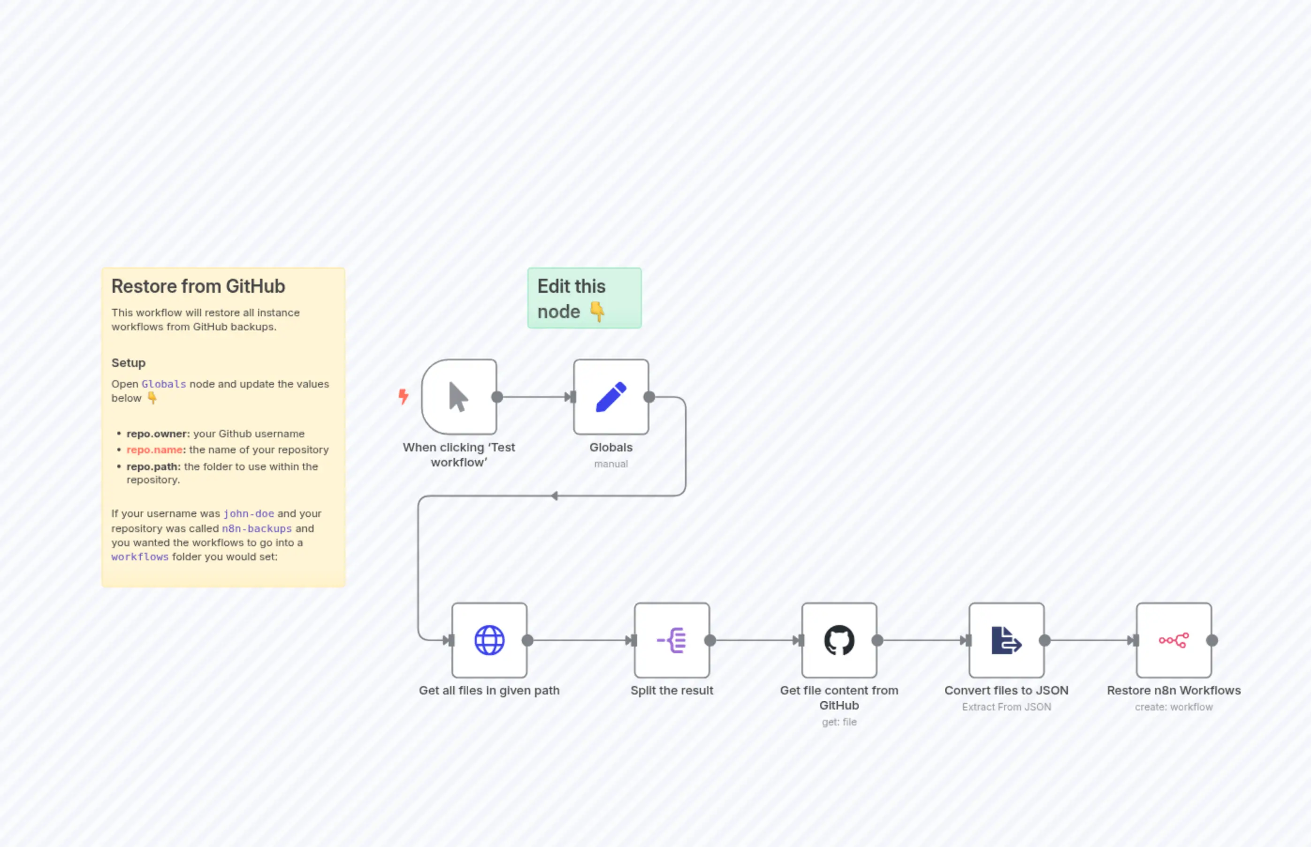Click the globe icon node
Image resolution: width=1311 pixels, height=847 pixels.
tap(489, 640)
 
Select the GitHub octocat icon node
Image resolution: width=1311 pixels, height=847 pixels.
tap(838, 640)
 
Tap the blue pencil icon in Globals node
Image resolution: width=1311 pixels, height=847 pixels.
tap(611, 397)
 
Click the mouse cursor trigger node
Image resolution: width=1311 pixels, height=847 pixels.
tap(458, 397)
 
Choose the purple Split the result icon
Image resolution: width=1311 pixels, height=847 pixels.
tap(671, 640)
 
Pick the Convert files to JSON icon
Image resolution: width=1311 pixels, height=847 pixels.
tap(1006, 640)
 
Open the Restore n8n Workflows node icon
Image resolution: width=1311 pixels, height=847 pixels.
tap(1174, 640)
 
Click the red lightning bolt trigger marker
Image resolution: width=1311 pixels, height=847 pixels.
tap(403, 396)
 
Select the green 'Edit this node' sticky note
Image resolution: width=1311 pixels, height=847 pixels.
tap(584, 298)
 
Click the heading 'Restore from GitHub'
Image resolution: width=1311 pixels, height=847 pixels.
tap(198, 287)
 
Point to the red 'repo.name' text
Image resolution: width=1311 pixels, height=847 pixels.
tap(154, 450)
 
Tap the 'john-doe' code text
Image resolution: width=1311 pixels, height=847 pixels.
tap(249, 514)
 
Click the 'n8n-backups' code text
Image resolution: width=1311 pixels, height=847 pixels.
tap(257, 528)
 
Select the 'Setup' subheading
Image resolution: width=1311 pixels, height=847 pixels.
tap(128, 363)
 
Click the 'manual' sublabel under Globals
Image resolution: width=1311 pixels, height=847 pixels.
tap(611, 464)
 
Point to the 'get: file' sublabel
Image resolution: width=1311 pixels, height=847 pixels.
tap(838, 722)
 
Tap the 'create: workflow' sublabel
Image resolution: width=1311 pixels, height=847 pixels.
tap(1174, 707)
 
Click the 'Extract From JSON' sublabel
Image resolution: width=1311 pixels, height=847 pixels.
tap(1006, 707)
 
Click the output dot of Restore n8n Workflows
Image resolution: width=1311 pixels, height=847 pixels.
tap(1212, 640)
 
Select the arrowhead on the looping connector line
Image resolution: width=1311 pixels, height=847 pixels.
tap(554, 496)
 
